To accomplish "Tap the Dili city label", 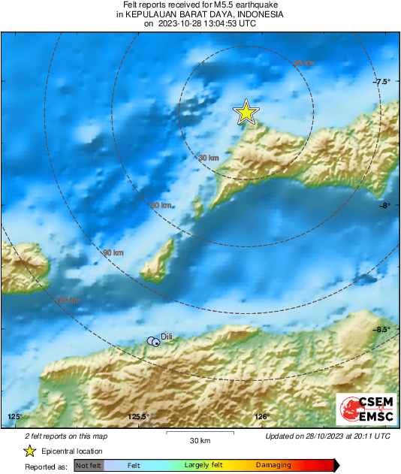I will [x=167, y=338].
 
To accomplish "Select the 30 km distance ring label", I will [x=208, y=158].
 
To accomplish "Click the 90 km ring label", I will [x=113, y=253].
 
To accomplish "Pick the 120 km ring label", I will [x=68, y=300].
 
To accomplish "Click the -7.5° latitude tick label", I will [x=383, y=82].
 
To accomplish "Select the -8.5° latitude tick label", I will [x=383, y=330].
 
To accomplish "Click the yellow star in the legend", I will [x=29, y=451].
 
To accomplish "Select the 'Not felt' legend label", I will [x=87, y=466].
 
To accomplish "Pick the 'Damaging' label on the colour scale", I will [x=273, y=466].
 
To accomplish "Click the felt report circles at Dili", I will [x=153, y=342].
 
